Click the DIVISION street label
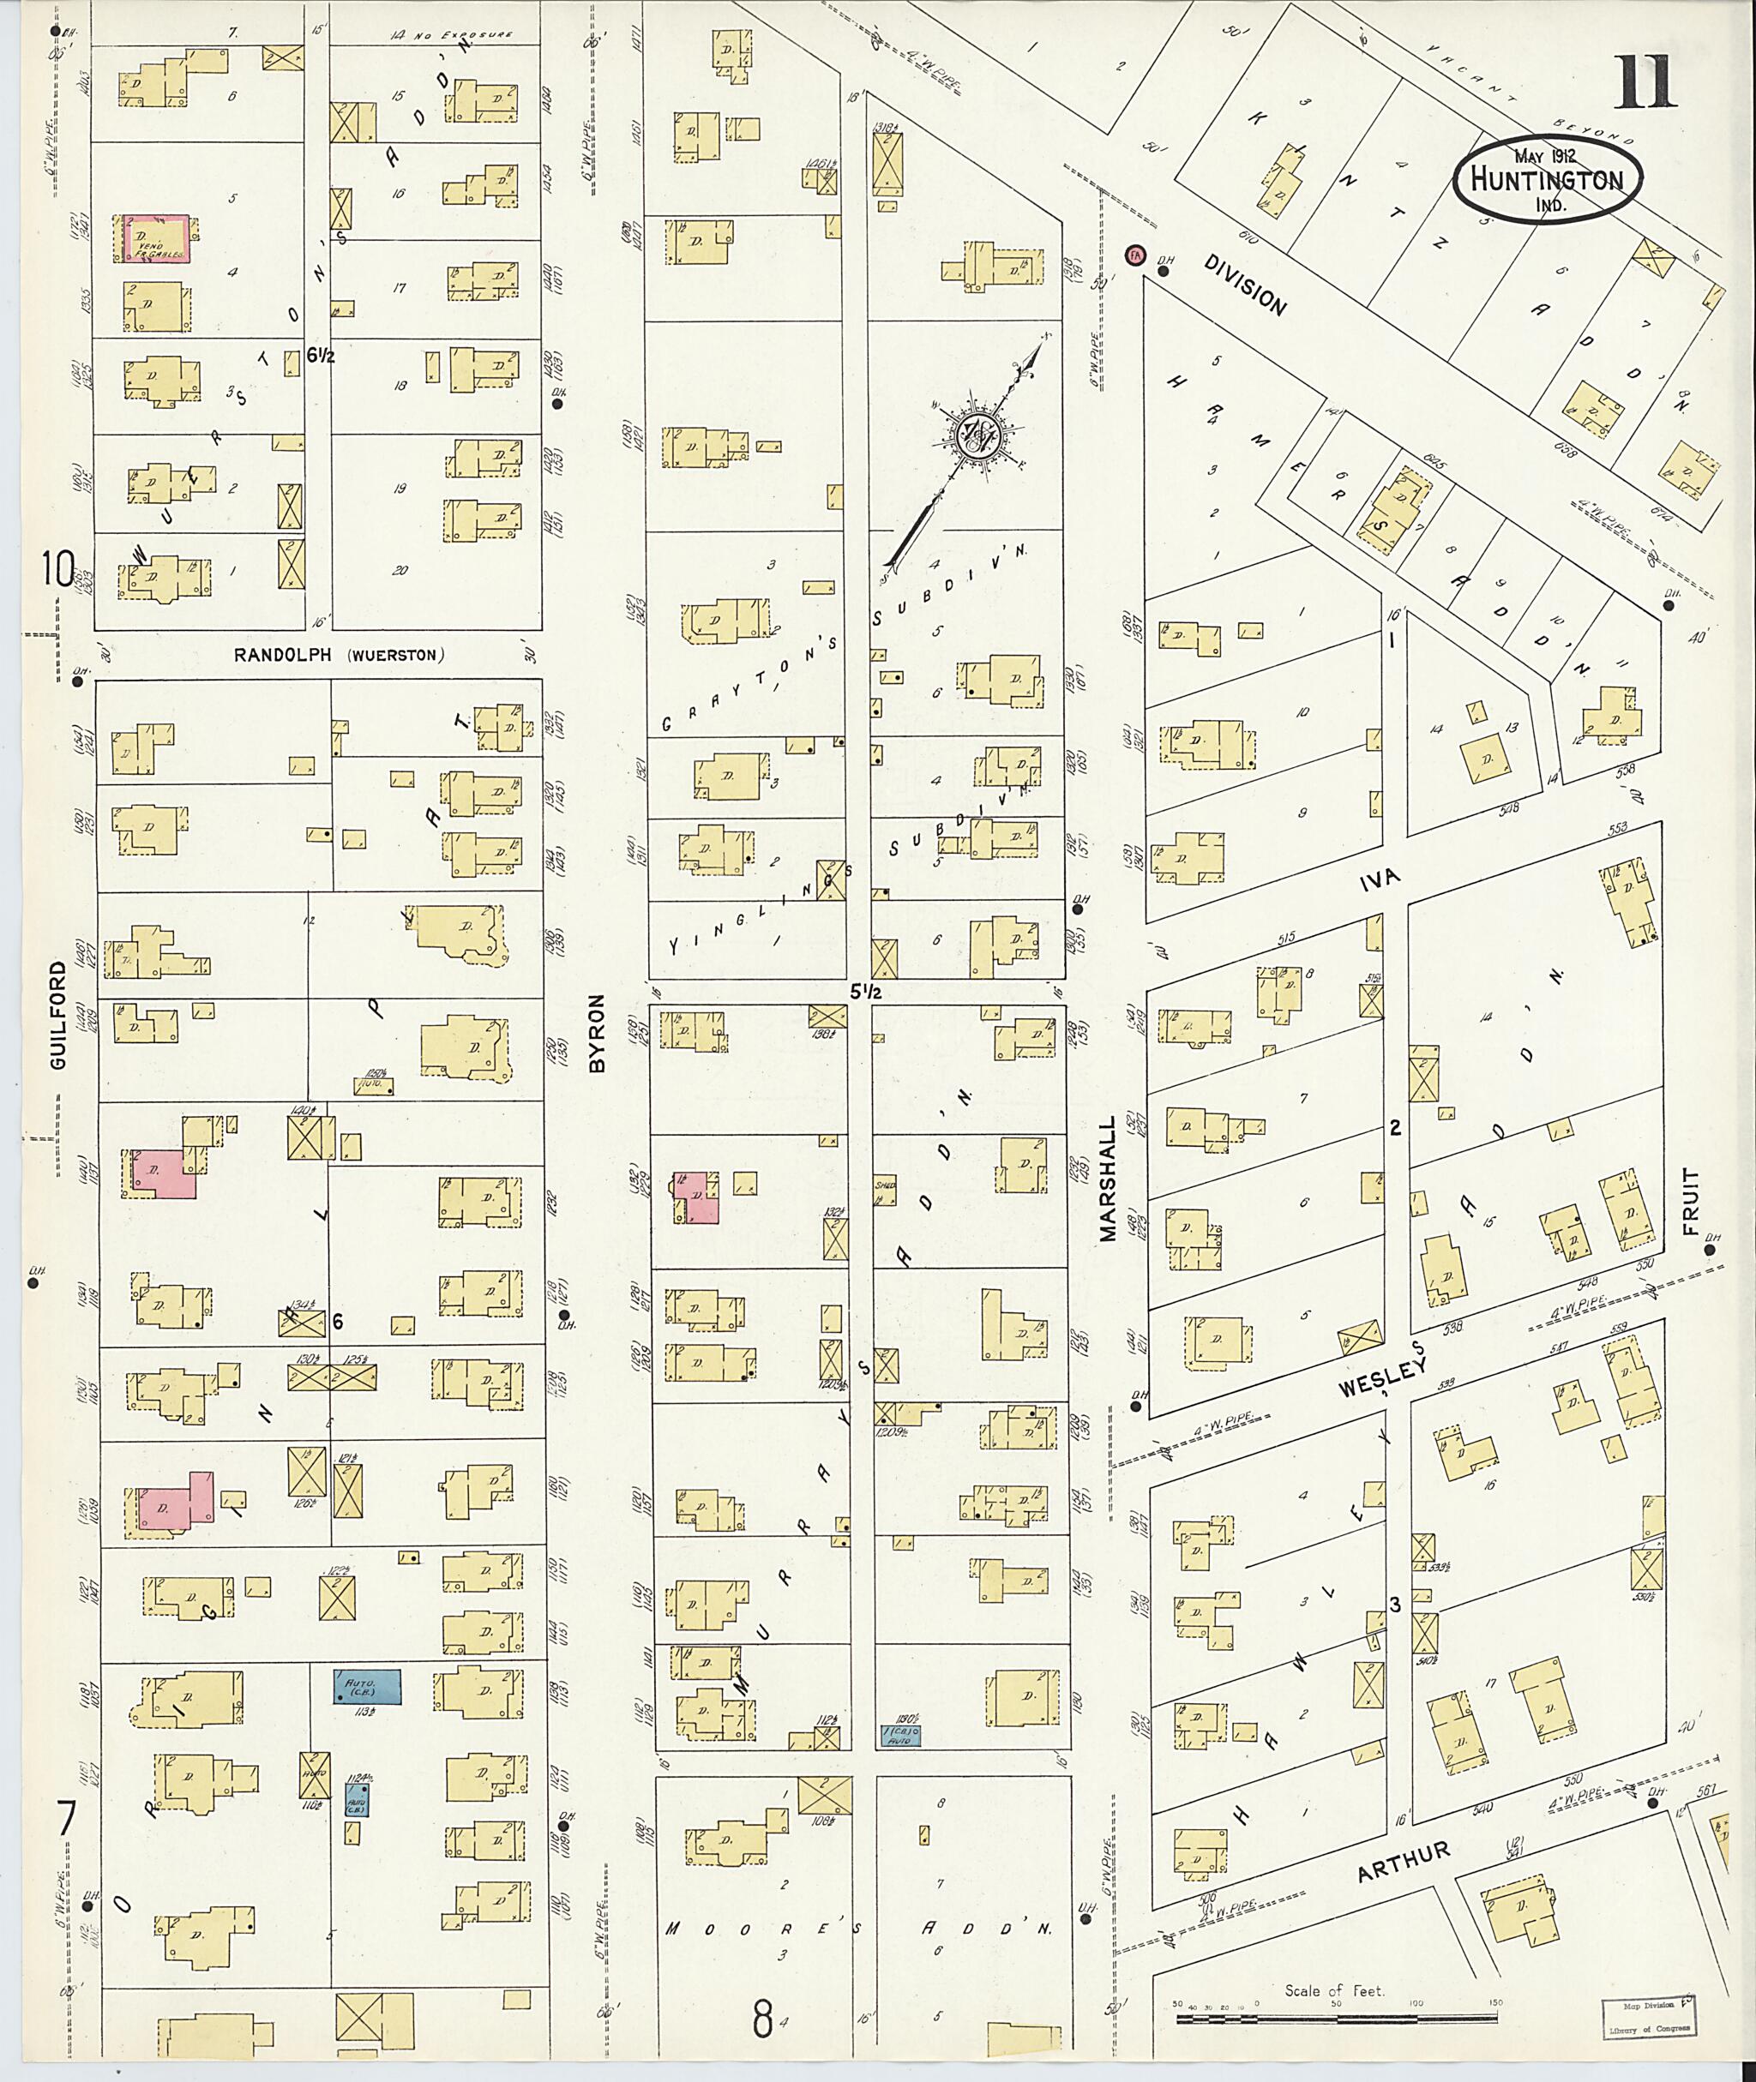tap(1245, 284)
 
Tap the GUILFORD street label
tap(57, 1015)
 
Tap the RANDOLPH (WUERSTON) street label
tap(339, 655)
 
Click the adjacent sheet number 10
tap(57, 569)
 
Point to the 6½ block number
tap(321, 354)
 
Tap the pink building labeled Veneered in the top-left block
tap(153, 239)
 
